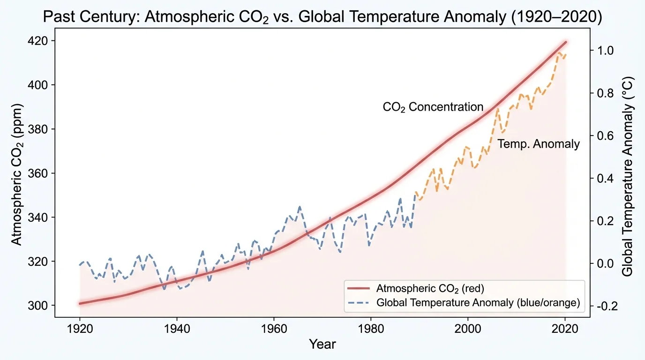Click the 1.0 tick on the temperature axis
pos(604,51)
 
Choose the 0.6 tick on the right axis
pos(604,136)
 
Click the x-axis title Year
pos(322,345)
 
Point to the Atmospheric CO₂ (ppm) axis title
pos(16,173)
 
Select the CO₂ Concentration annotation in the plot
pos(433,107)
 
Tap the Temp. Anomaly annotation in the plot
pos(538,144)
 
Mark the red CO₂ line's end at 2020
pos(566,42)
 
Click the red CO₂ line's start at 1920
pos(80,303)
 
